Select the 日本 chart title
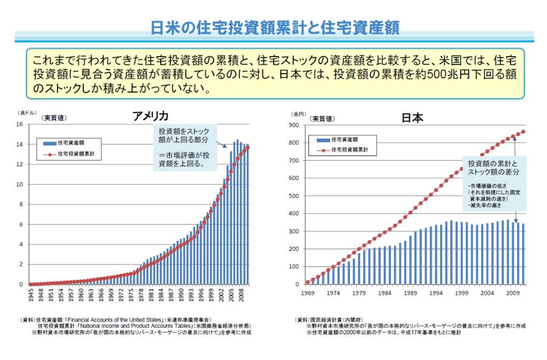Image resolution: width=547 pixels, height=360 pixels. point(412,118)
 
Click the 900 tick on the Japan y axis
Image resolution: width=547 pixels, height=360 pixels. point(294,125)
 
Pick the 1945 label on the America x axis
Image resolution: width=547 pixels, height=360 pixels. point(31,295)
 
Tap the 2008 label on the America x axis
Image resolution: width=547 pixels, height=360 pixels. point(241,295)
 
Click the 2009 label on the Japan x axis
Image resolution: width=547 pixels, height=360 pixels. point(513,293)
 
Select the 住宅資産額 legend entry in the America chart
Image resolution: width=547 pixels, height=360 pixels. point(74,143)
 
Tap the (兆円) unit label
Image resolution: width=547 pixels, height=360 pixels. point(298,114)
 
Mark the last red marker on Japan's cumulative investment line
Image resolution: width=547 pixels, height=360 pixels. point(523,132)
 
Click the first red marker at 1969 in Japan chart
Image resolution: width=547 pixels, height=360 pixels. point(308,282)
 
